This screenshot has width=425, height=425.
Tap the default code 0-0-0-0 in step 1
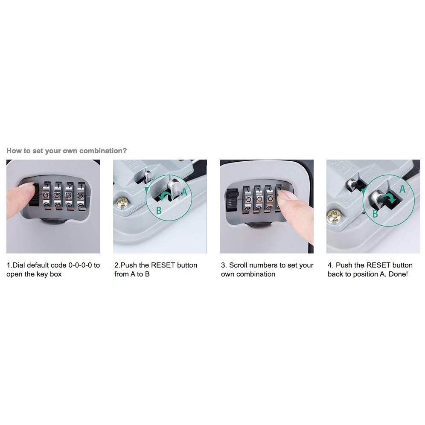click(x=84, y=265)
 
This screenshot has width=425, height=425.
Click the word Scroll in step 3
click(x=239, y=265)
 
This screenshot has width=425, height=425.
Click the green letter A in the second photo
click(x=184, y=192)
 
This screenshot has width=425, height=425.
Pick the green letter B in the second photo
click(x=158, y=210)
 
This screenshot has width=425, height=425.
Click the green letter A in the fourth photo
click(x=402, y=189)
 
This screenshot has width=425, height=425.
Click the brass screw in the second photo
click(x=122, y=203)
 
